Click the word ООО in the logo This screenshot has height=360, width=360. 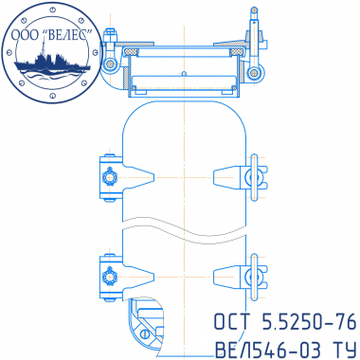coord(25,35)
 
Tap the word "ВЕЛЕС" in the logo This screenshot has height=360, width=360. coord(68,35)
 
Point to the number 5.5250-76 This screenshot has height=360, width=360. coord(309,322)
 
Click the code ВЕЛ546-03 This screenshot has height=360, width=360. coord(267,350)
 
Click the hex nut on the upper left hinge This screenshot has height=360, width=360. coord(110,177)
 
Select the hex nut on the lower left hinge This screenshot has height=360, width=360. coord(110,277)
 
